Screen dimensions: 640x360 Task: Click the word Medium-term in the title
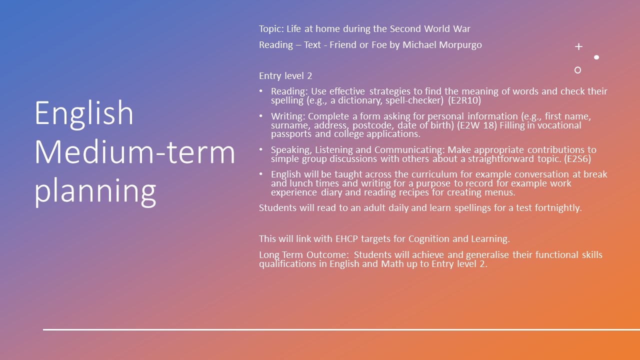click(x=135, y=152)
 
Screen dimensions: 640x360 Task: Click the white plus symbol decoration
click(x=578, y=46)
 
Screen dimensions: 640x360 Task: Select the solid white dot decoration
click(x=596, y=57)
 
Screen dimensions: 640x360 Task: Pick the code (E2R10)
click(x=464, y=100)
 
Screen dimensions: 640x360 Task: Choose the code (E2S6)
click(x=577, y=159)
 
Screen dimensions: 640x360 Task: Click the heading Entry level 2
click(x=285, y=76)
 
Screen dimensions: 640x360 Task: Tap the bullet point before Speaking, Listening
click(x=261, y=149)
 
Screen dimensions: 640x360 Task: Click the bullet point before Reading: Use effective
click(x=261, y=91)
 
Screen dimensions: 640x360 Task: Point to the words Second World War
click(x=430, y=29)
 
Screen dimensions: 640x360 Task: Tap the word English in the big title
click(x=84, y=113)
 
